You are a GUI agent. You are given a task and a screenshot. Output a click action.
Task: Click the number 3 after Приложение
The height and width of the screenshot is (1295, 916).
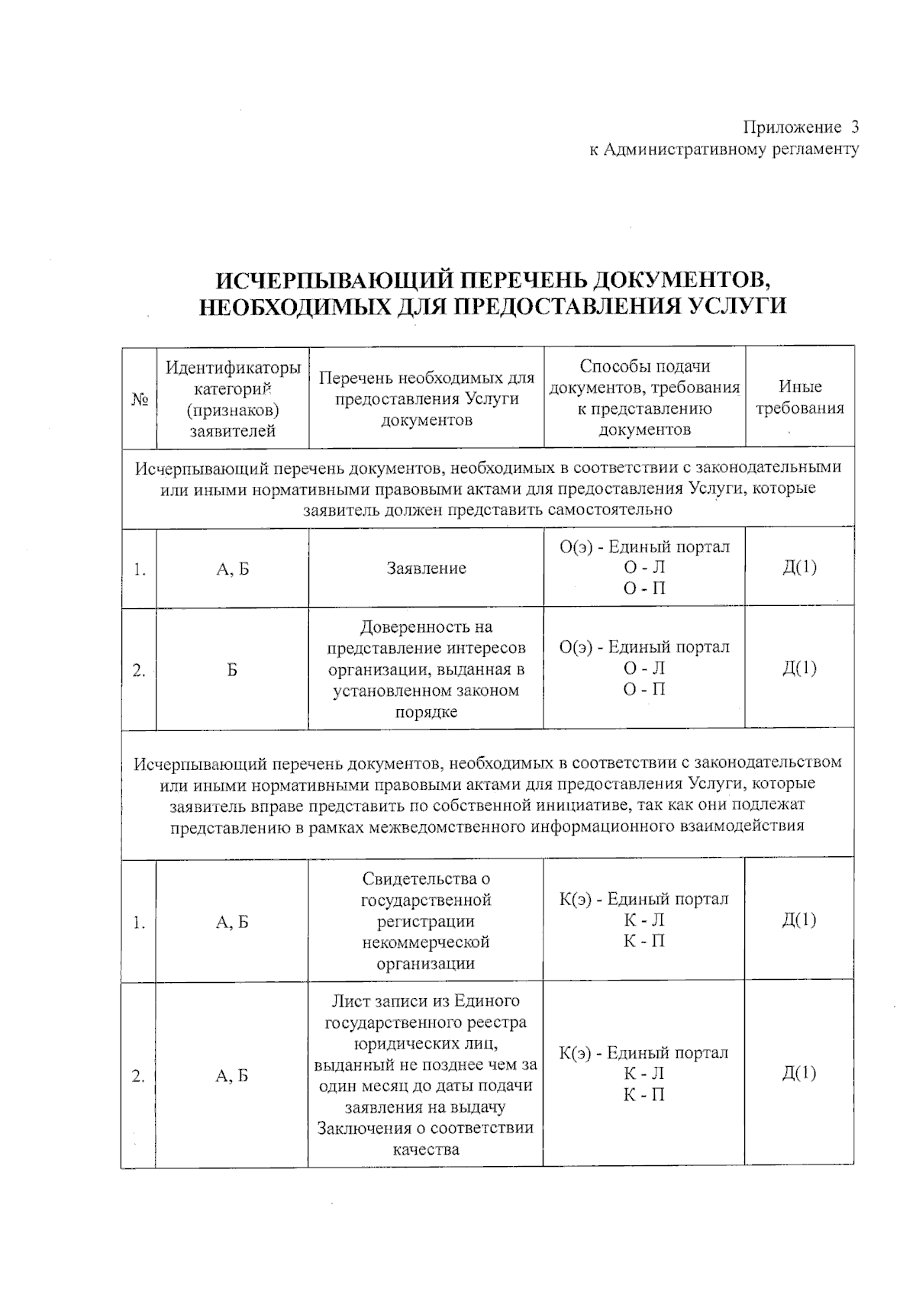point(855,127)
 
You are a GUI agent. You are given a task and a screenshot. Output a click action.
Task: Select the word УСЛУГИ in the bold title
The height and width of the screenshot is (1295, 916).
point(737,306)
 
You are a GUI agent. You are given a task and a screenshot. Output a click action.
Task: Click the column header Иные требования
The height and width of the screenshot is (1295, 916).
point(799,398)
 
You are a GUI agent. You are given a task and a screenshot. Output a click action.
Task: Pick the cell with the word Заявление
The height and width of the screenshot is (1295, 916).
point(426,568)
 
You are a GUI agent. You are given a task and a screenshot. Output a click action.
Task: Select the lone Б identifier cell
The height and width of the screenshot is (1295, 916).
point(232,669)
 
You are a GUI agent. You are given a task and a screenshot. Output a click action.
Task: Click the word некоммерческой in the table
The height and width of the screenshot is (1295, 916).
point(426,942)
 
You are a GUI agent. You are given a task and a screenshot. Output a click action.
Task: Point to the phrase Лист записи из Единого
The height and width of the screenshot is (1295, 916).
point(426,1001)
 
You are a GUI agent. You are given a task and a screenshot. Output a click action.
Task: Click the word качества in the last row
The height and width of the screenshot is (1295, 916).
point(426,1149)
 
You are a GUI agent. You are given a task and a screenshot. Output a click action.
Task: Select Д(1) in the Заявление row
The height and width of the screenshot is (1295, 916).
point(798,567)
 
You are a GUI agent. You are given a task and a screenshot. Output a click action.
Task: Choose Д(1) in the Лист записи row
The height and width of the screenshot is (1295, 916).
point(798,1073)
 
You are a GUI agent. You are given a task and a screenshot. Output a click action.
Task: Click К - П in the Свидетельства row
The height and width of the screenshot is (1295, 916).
point(644,941)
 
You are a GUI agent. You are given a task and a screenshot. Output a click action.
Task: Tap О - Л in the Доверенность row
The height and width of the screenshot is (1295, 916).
point(644,668)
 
